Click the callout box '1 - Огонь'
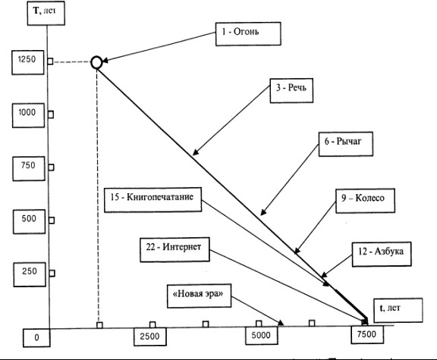(248, 33)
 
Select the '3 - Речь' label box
(291, 90)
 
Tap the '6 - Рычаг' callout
(346, 144)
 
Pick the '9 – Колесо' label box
(365, 201)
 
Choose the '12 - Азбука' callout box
(382, 254)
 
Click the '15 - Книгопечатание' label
(152, 200)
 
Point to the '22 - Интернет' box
(174, 249)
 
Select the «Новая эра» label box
(199, 296)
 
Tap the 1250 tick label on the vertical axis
(28, 62)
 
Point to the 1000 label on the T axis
(28, 115)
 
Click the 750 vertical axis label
(29, 168)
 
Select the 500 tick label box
(30, 221)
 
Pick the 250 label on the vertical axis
(30, 274)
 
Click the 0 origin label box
(36, 338)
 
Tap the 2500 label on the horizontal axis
(150, 337)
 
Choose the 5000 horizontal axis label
(262, 335)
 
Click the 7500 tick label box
(367, 334)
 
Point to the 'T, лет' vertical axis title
(46, 13)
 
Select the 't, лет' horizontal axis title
(398, 310)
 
